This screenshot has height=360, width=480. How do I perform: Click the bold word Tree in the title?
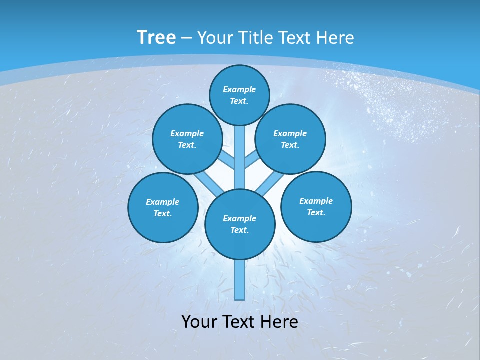point(156,38)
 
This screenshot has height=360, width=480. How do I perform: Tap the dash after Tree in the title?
point(186,38)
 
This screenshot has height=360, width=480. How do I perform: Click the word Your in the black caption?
point(199,322)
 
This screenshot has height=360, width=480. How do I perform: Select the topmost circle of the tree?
point(239,95)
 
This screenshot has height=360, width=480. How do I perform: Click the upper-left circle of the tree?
point(187,139)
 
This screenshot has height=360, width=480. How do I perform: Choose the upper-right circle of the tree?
point(290,139)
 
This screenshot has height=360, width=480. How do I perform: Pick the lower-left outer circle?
point(163,208)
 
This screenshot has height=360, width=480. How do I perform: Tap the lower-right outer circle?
point(316,207)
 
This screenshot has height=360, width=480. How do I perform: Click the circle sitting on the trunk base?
point(240,224)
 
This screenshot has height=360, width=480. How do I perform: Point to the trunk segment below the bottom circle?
point(240,280)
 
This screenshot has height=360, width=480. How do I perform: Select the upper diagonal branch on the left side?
point(228,161)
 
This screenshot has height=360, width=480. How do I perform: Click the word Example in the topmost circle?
point(239,90)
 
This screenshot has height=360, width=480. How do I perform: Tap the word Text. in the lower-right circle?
point(316,213)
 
